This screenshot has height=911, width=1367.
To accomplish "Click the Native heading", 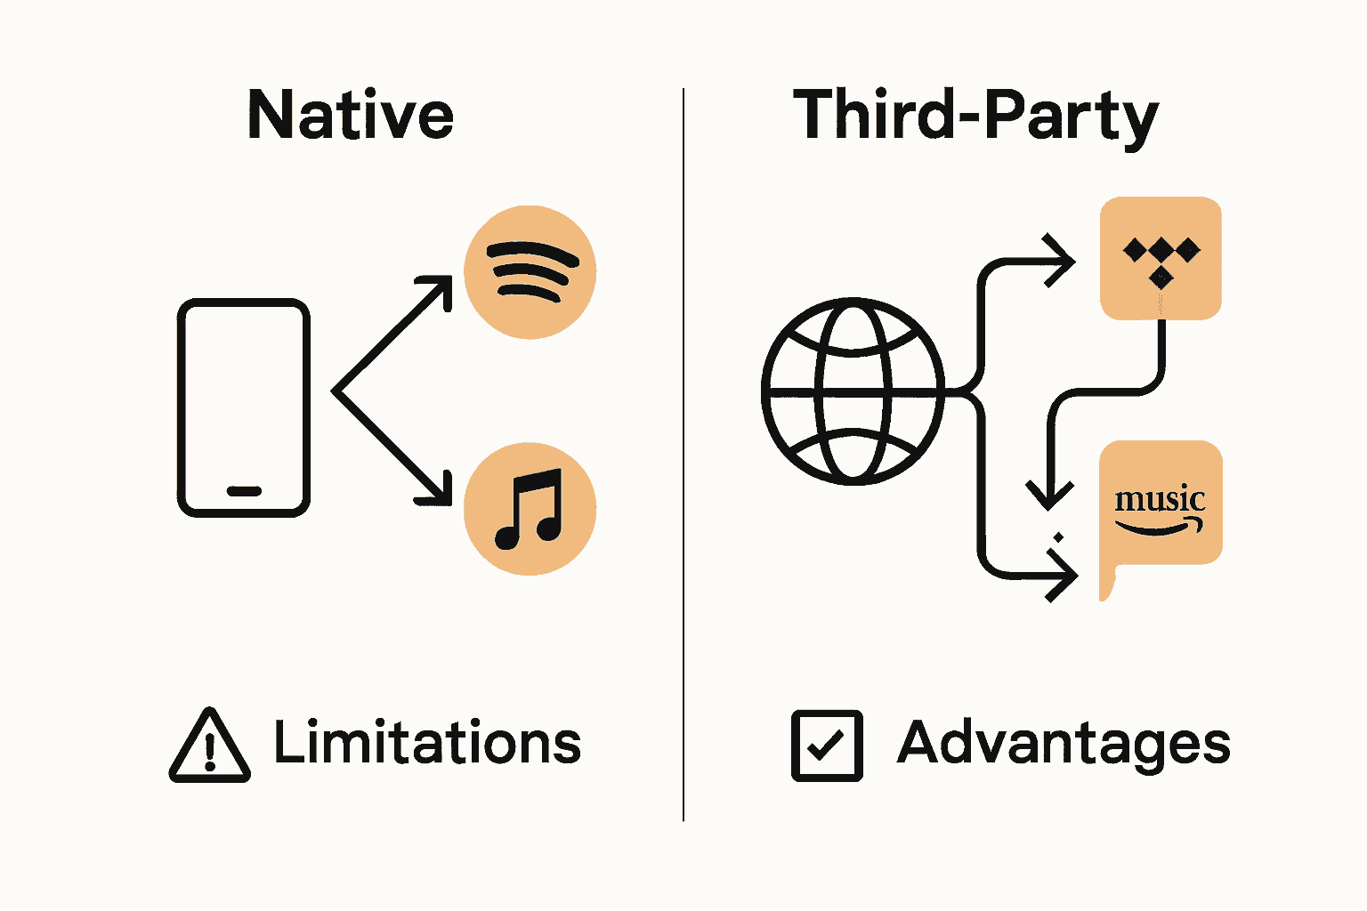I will (x=350, y=116).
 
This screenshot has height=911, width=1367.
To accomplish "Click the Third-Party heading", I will (x=975, y=116).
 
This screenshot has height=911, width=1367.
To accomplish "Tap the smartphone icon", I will (x=244, y=407).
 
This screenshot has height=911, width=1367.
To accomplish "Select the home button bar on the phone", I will (x=244, y=491).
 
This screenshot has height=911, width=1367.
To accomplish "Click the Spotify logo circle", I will (x=530, y=272).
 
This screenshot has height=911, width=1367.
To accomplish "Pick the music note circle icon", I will (x=530, y=509).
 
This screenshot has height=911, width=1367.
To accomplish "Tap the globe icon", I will (x=853, y=391).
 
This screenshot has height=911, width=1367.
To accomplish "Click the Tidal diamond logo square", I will (x=1161, y=258).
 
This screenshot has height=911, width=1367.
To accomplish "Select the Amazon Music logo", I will (x=1161, y=507).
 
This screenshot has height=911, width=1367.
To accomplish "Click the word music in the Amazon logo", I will (x=1160, y=499).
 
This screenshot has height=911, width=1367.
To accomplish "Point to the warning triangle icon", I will (x=209, y=747).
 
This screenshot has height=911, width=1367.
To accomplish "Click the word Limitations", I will (x=427, y=743).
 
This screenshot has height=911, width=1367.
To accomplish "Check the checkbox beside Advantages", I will (x=827, y=746).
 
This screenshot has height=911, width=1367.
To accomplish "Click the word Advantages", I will (x=1064, y=744).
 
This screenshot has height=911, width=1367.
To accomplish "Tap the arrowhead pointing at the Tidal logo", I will (x=1063, y=261).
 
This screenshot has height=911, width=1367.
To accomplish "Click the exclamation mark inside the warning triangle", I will (x=210, y=752).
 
